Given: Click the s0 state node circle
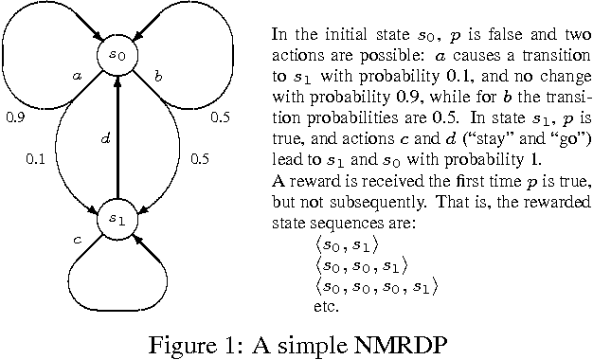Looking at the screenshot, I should (x=116, y=57).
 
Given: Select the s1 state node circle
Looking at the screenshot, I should (x=116, y=219).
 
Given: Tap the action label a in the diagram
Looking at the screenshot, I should (x=75, y=73).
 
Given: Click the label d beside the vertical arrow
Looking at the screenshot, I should (x=106, y=138).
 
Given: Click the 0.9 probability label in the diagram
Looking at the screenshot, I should (x=14, y=118).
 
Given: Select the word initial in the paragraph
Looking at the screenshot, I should (x=331, y=32).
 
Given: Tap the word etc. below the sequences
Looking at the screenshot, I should (x=325, y=307).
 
